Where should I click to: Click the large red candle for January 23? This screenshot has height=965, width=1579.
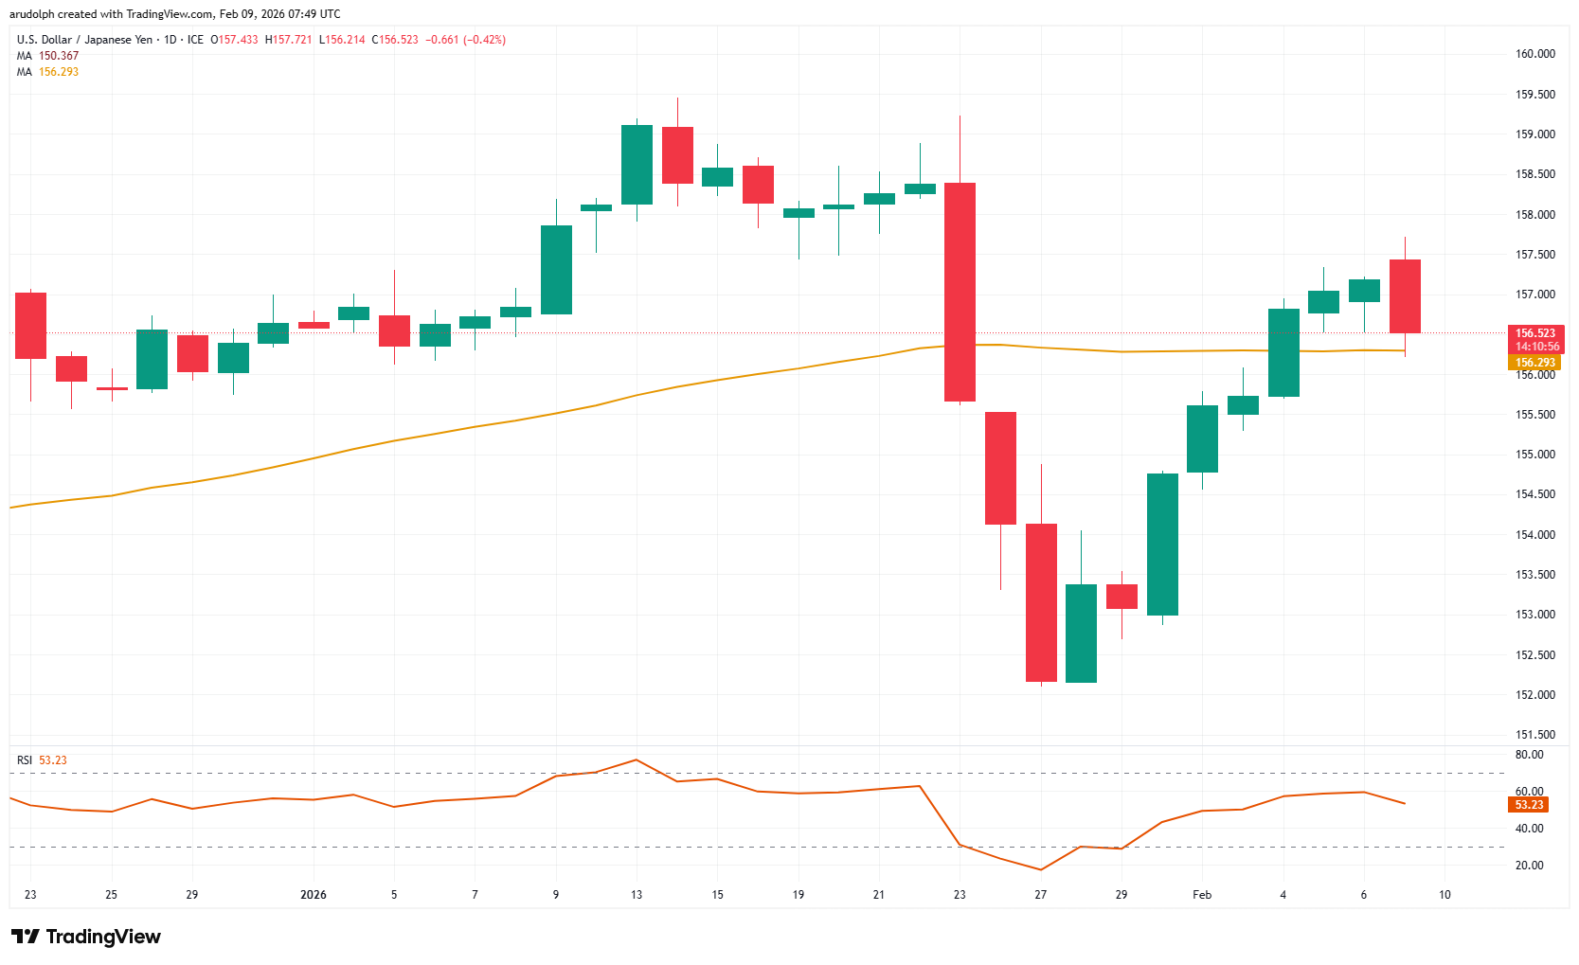click(x=960, y=292)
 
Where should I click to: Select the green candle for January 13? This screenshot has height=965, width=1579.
click(x=637, y=165)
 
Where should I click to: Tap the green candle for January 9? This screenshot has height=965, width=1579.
click(x=556, y=270)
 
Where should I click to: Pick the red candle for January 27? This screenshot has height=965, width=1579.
click(x=1041, y=602)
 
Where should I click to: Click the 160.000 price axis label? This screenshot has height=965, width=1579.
click(x=1535, y=54)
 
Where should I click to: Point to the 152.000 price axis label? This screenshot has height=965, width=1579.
click(x=1535, y=695)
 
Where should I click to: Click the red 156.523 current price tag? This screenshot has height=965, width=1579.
click(x=1535, y=333)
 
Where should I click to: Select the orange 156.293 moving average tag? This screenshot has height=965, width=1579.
click(x=1535, y=363)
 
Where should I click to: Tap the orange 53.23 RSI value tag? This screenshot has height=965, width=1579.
click(x=1529, y=805)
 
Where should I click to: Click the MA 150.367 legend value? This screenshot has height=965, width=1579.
click(x=59, y=56)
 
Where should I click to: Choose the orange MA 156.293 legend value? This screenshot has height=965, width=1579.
click(x=59, y=72)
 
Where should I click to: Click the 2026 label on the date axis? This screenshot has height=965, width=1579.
click(x=313, y=895)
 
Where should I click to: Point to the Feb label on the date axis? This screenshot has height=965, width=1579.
click(x=1202, y=895)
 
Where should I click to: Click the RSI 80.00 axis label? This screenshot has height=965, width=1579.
click(x=1529, y=755)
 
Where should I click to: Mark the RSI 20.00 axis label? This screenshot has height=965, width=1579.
click(x=1529, y=866)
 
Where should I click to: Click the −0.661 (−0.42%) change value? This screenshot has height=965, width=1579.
click(x=465, y=40)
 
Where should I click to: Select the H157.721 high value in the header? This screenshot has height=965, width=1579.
click(x=288, y=40)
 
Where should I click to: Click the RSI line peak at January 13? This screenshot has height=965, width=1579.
click(x=637, y=759)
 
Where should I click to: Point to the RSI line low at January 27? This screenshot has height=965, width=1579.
click(x=1041, y=869)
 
